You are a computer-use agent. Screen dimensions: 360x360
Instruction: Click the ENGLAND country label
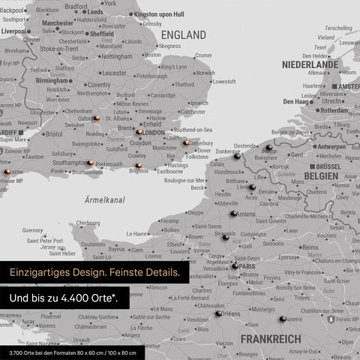point(184,35)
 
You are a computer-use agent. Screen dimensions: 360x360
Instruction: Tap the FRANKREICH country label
point(270,339)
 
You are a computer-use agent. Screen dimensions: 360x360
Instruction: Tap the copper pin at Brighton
point(138,166)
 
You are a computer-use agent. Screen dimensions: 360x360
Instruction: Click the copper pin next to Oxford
point(96,119)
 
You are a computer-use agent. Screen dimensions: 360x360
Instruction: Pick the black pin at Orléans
point(218,313)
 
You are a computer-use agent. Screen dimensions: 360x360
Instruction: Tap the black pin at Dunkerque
point(237,157)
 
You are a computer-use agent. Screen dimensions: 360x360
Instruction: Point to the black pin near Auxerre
point(282,319)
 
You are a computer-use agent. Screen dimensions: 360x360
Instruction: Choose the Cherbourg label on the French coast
point(88,223)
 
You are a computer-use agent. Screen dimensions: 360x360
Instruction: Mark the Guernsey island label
point(33,230)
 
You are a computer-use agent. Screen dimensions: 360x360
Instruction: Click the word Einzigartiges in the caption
point(43,271)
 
